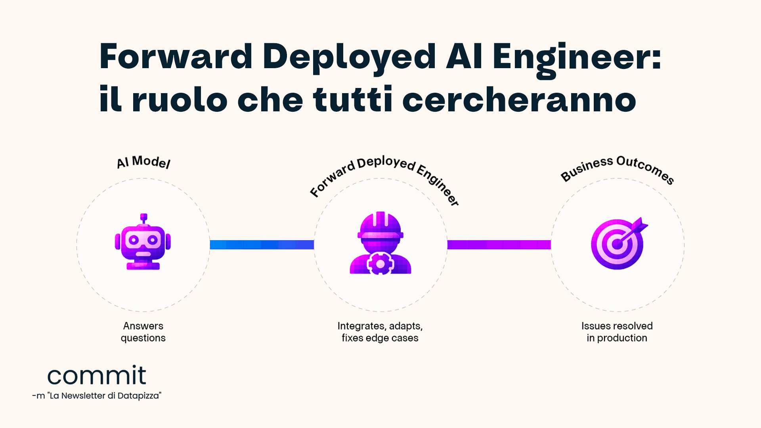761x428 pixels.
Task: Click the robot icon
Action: pyautogui.click(x=143, y=242)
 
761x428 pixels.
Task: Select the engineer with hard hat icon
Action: pyautogui.click(x=380, y=243)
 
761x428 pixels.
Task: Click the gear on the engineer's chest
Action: pyautogui.click(x=380, y=264)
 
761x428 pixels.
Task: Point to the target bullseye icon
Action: pyautogui.click(x=618, y=243)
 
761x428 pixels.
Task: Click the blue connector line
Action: pyautogui.click(x=262, y=245)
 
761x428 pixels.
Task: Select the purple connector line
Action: pyautogui.click(x=499, y=245)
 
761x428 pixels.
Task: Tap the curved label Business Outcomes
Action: pyautogui.click(x=618, y=169)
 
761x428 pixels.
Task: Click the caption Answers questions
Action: pyautogui.click(x=143, y=332)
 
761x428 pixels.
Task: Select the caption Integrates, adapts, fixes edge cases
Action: pyautogui.click(x=380, y=332)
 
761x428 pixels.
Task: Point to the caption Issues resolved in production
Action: pyautogui.click(x=617, y=332)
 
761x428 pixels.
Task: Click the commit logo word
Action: pyautogui.click(x=97, y=375)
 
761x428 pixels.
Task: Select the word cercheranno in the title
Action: pyautogui.click(x=520, y=99)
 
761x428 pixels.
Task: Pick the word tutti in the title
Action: pyautogui.click(x=353, y=99)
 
